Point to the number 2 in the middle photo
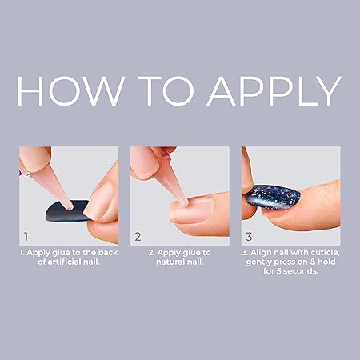tap(138, 237)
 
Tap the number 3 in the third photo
tap(250, 237)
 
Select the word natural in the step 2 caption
tap(167, 262)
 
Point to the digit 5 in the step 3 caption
tap(285, 271)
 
